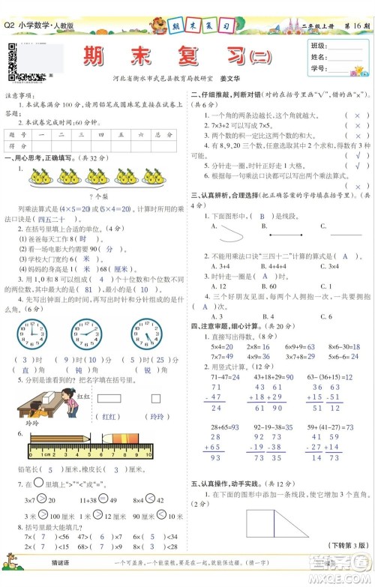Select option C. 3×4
pos(329,265)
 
